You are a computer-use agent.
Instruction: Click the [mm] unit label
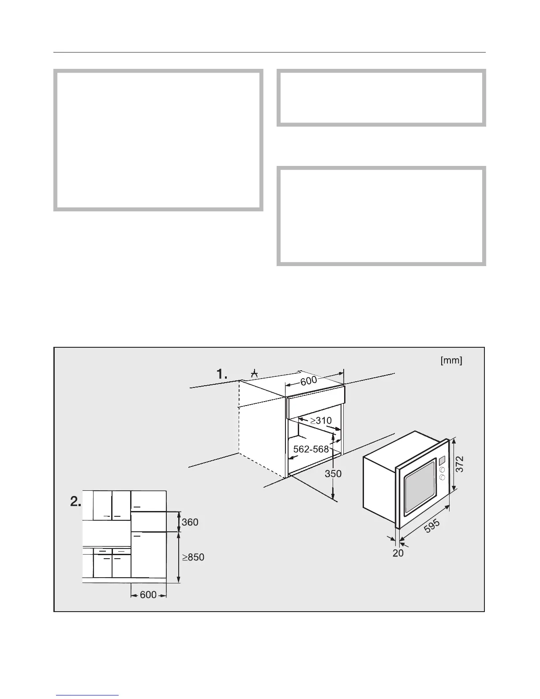click(x=451, y=361)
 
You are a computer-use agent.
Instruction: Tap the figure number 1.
click(x=221, y=374)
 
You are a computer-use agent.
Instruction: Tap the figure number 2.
click(x=76, y=502)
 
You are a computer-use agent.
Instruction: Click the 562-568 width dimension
click(x=311, y=449)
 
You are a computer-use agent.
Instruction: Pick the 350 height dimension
click(x=333, y=474)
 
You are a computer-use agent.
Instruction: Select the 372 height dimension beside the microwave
click(x=460, y=464)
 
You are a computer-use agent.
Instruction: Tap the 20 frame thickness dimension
click(x=398, y=552)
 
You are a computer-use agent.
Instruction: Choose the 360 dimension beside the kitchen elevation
click(x=190, y=522)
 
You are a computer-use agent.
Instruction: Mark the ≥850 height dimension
click(x=193, y=557)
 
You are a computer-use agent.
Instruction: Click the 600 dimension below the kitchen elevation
click(x=148, y=595)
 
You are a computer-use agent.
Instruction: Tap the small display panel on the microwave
click(x=441, y=461)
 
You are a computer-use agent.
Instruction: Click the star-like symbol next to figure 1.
click(x=254, y=374)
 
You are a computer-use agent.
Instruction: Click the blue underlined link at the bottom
click(x=87, y=696)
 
